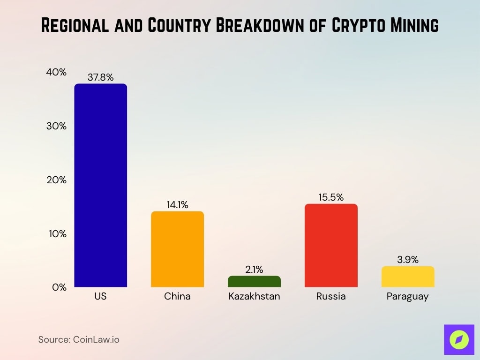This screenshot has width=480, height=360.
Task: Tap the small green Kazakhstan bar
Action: [254, 281]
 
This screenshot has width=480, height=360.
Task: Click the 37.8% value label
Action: [100, 77]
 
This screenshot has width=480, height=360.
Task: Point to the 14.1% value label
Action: [177, 205]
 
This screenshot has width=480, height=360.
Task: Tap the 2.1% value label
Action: [254, 270]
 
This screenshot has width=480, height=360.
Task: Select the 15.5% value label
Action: [331, 197]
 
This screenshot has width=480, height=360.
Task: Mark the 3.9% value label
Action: [408, 260]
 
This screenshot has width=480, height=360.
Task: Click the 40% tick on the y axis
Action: [56, 73]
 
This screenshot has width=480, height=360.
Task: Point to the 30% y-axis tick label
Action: [56, 126]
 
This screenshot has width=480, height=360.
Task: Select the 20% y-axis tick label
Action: [56, 180]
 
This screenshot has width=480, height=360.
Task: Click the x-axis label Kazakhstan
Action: [254, 297]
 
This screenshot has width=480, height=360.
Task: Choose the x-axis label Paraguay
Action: [408, 297]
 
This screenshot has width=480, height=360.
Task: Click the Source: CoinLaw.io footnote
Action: [79, 339]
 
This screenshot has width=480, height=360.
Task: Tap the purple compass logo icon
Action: [459, 339]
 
